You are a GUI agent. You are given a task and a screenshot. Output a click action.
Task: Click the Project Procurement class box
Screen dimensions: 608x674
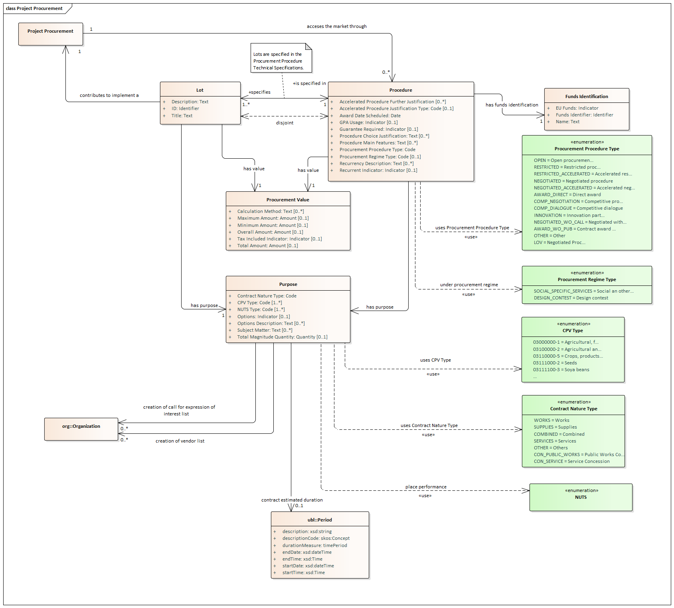[51, 34]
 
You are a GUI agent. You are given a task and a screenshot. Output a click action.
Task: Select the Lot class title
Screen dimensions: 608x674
[200, 90]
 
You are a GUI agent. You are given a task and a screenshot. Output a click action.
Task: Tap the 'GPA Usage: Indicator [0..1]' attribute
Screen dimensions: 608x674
[368, 122]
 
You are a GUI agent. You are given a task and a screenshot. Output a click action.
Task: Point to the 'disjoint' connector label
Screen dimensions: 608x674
[285, 123]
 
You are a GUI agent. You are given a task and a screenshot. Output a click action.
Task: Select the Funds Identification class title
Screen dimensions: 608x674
[586, 96]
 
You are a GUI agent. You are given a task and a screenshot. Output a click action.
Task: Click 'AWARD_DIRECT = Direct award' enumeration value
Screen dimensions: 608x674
[567, 195]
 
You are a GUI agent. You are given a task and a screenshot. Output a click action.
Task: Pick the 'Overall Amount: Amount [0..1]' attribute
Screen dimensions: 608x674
[270, 232]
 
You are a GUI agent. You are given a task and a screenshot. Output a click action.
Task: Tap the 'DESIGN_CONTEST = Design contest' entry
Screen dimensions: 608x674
[571, 298]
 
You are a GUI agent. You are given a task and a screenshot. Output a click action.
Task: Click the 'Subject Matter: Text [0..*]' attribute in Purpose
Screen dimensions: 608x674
[265, 330]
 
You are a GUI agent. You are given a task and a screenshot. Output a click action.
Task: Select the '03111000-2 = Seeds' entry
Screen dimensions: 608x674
[555, 363]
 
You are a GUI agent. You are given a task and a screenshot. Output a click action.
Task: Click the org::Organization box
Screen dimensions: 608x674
[81, 429]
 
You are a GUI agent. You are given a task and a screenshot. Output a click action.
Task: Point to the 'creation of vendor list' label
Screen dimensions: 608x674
[180, 441]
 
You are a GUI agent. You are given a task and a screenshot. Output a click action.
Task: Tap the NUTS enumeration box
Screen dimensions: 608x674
[581, 497]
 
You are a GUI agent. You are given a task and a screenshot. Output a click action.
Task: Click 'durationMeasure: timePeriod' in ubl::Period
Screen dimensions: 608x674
[314, 545]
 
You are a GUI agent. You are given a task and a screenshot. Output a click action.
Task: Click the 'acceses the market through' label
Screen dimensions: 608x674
[336, 26]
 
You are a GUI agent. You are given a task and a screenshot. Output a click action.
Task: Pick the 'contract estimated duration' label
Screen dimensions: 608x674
[292, 500]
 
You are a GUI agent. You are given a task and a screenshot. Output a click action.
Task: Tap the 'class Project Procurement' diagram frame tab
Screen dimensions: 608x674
[34, 8]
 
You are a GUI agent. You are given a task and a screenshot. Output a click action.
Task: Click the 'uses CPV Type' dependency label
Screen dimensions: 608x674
[435, 360]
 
